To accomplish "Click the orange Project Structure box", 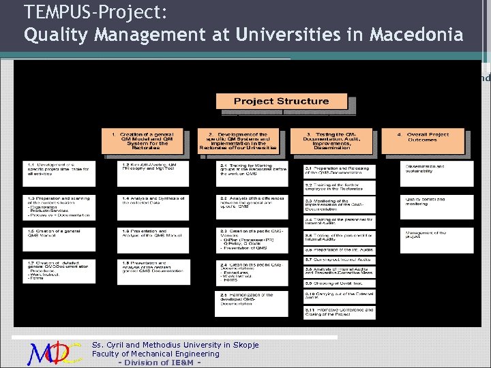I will pyautogui.click(x=281, y=102).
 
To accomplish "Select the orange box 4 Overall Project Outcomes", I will pyautogui.click(x=422, y=140).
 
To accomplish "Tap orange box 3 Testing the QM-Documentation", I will pyautogui.click(x=331, y=140).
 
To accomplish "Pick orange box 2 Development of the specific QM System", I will pyautogui.click(x=238, y=140).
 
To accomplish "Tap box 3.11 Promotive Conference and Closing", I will pyautogui.click(x=339, y=312).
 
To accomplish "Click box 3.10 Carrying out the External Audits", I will pyautogui.click(x=339, y=296).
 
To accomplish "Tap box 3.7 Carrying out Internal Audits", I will pyautogui.click(x=339, y=260).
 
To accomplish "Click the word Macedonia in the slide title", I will pyautogui.click(x=416, y=33).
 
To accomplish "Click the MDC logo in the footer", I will pyautogui.click(x=55, y=353).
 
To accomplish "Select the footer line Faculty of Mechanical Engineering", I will pyautogui.click(x=155, y=354).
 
